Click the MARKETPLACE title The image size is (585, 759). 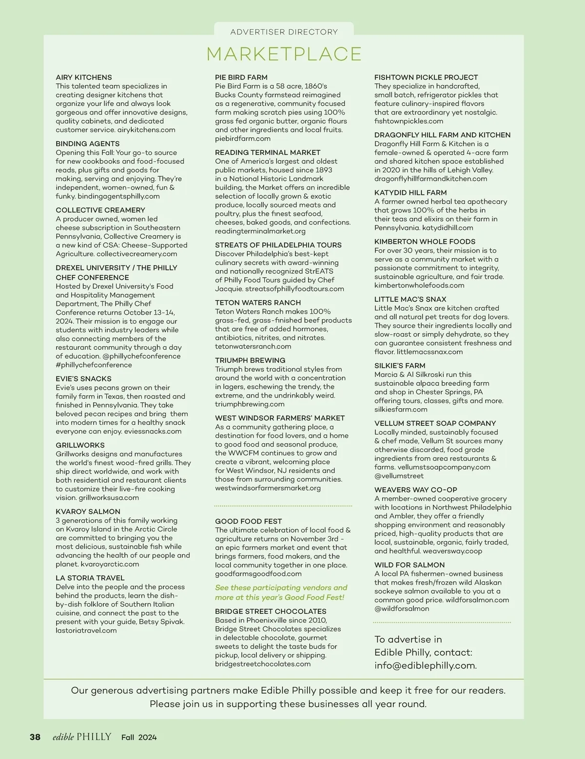click(x=284, y=54)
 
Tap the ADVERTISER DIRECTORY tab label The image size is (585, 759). click(x=284, y=32)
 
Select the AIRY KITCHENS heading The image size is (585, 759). click(x=84, y=77)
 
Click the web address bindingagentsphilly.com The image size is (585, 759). click(x=118, y=196)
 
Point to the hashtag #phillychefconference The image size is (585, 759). click(x=94, y=365)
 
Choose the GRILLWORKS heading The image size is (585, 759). click(x=80, y=445)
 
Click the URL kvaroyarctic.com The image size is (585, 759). click(x=110, y=564)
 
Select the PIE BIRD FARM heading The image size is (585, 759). click(x=241, y=77)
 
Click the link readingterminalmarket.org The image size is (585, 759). click(x=260, y=231)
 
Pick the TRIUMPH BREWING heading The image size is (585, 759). click(x=250, y=361)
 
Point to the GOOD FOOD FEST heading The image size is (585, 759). click(x=249, y=521)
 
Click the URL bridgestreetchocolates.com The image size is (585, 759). click(x=263, y=664)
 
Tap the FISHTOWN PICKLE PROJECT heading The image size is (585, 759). click(x=426, y=77)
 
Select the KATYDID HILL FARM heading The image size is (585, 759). click(x=410, y=193)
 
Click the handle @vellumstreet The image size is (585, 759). click(x=399, y=476)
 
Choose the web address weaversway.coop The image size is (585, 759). click(x=452, y=551)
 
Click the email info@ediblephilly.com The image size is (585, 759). click(x=426, y=665)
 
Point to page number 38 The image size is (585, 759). click(x=35, y=737)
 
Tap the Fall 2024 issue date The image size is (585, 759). click(x=139, y=737)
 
